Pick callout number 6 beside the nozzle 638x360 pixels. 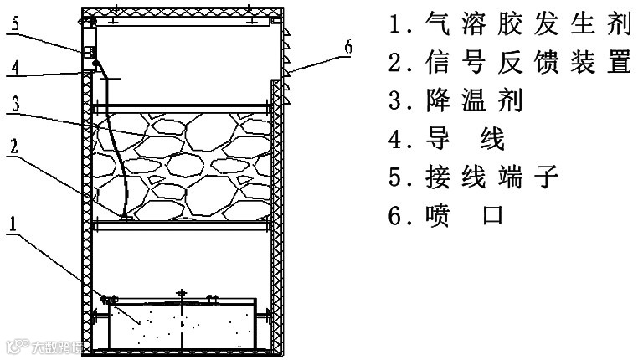pyautogui.click(x=347, y=47)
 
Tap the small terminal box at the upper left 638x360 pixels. pyautogui.click(x=87, y=52)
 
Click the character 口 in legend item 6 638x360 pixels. pyautogui.click(x=493, y=216)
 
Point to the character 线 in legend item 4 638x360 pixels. pyautogui.click(x=493, y=139)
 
